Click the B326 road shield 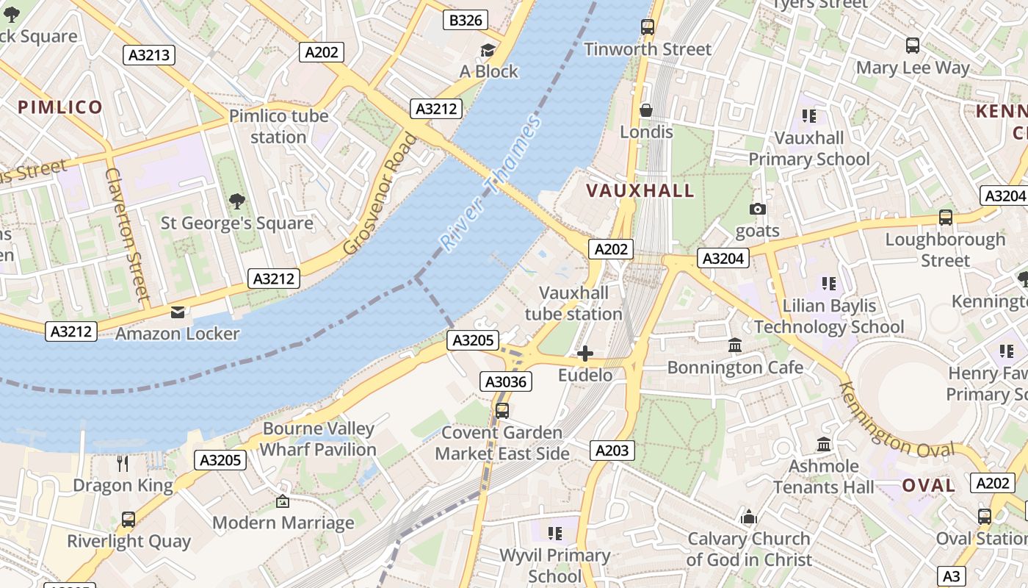(466, 20)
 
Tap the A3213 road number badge (149, 54)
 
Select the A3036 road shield (505, 381)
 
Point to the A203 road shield (612, 450)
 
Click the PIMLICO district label (60, 107)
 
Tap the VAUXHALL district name (640, 191)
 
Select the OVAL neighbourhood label (928, 486)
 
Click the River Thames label (489, 182)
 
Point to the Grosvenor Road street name (380, 194)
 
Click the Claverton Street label (127, 234)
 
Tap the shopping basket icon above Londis (646, 110)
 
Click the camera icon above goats (758, 209)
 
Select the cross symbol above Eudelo (585, 354)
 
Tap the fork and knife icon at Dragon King (123, 463)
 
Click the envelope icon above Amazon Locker (178, 312)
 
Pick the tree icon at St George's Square (236, 201)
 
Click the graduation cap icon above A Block (488, 50)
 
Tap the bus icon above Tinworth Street (647, 27)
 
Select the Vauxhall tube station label (573, 304)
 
